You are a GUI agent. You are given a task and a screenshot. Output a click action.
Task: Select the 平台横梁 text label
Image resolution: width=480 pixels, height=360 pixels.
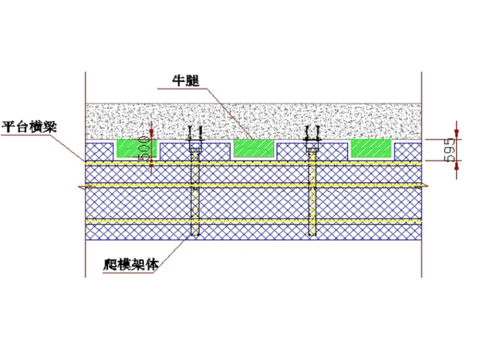[x=29, y=125]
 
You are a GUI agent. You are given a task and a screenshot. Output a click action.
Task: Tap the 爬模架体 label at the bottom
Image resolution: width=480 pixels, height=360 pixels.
[x=130, y=263]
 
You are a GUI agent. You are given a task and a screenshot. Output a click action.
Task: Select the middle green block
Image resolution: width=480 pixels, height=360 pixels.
[x=255, y=148]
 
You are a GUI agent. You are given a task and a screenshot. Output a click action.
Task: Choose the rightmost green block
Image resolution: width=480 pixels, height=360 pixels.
[x=372, y=148]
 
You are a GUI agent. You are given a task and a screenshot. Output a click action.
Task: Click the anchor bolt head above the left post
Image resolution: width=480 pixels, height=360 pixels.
[x=195, y=134]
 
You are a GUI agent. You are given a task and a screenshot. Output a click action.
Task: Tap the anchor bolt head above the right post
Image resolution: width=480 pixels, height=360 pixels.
[x=312, y=134]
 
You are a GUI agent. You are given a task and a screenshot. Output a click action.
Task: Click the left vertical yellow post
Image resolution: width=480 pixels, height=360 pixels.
[x=195, y=196]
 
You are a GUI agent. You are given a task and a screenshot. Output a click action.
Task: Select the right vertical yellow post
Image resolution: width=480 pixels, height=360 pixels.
[x=312, y=196]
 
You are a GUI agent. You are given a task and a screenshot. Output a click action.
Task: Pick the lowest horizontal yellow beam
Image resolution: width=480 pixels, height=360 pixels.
[x=253, y=222]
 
